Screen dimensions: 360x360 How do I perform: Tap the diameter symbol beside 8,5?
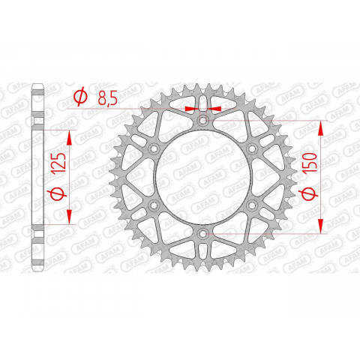click(x=79, y=96)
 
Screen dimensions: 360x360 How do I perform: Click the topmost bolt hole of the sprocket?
click(x=202, y=120)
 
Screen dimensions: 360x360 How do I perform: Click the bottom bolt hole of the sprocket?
click(x=202, y=235)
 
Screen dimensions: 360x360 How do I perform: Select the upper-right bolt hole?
click(x=252, y=149)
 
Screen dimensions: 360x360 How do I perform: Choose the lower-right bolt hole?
click(x=252, y=206)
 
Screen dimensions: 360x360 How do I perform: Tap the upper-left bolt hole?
click(x=153, y=149)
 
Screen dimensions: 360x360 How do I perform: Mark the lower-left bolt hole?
click(x=153, y=206)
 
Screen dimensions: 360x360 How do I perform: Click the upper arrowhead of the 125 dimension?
click(x=70, y=134)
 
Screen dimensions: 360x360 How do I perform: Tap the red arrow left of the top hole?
click(x=193, y=109)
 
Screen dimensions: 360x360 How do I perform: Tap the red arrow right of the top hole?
click(x=213, y=109)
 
